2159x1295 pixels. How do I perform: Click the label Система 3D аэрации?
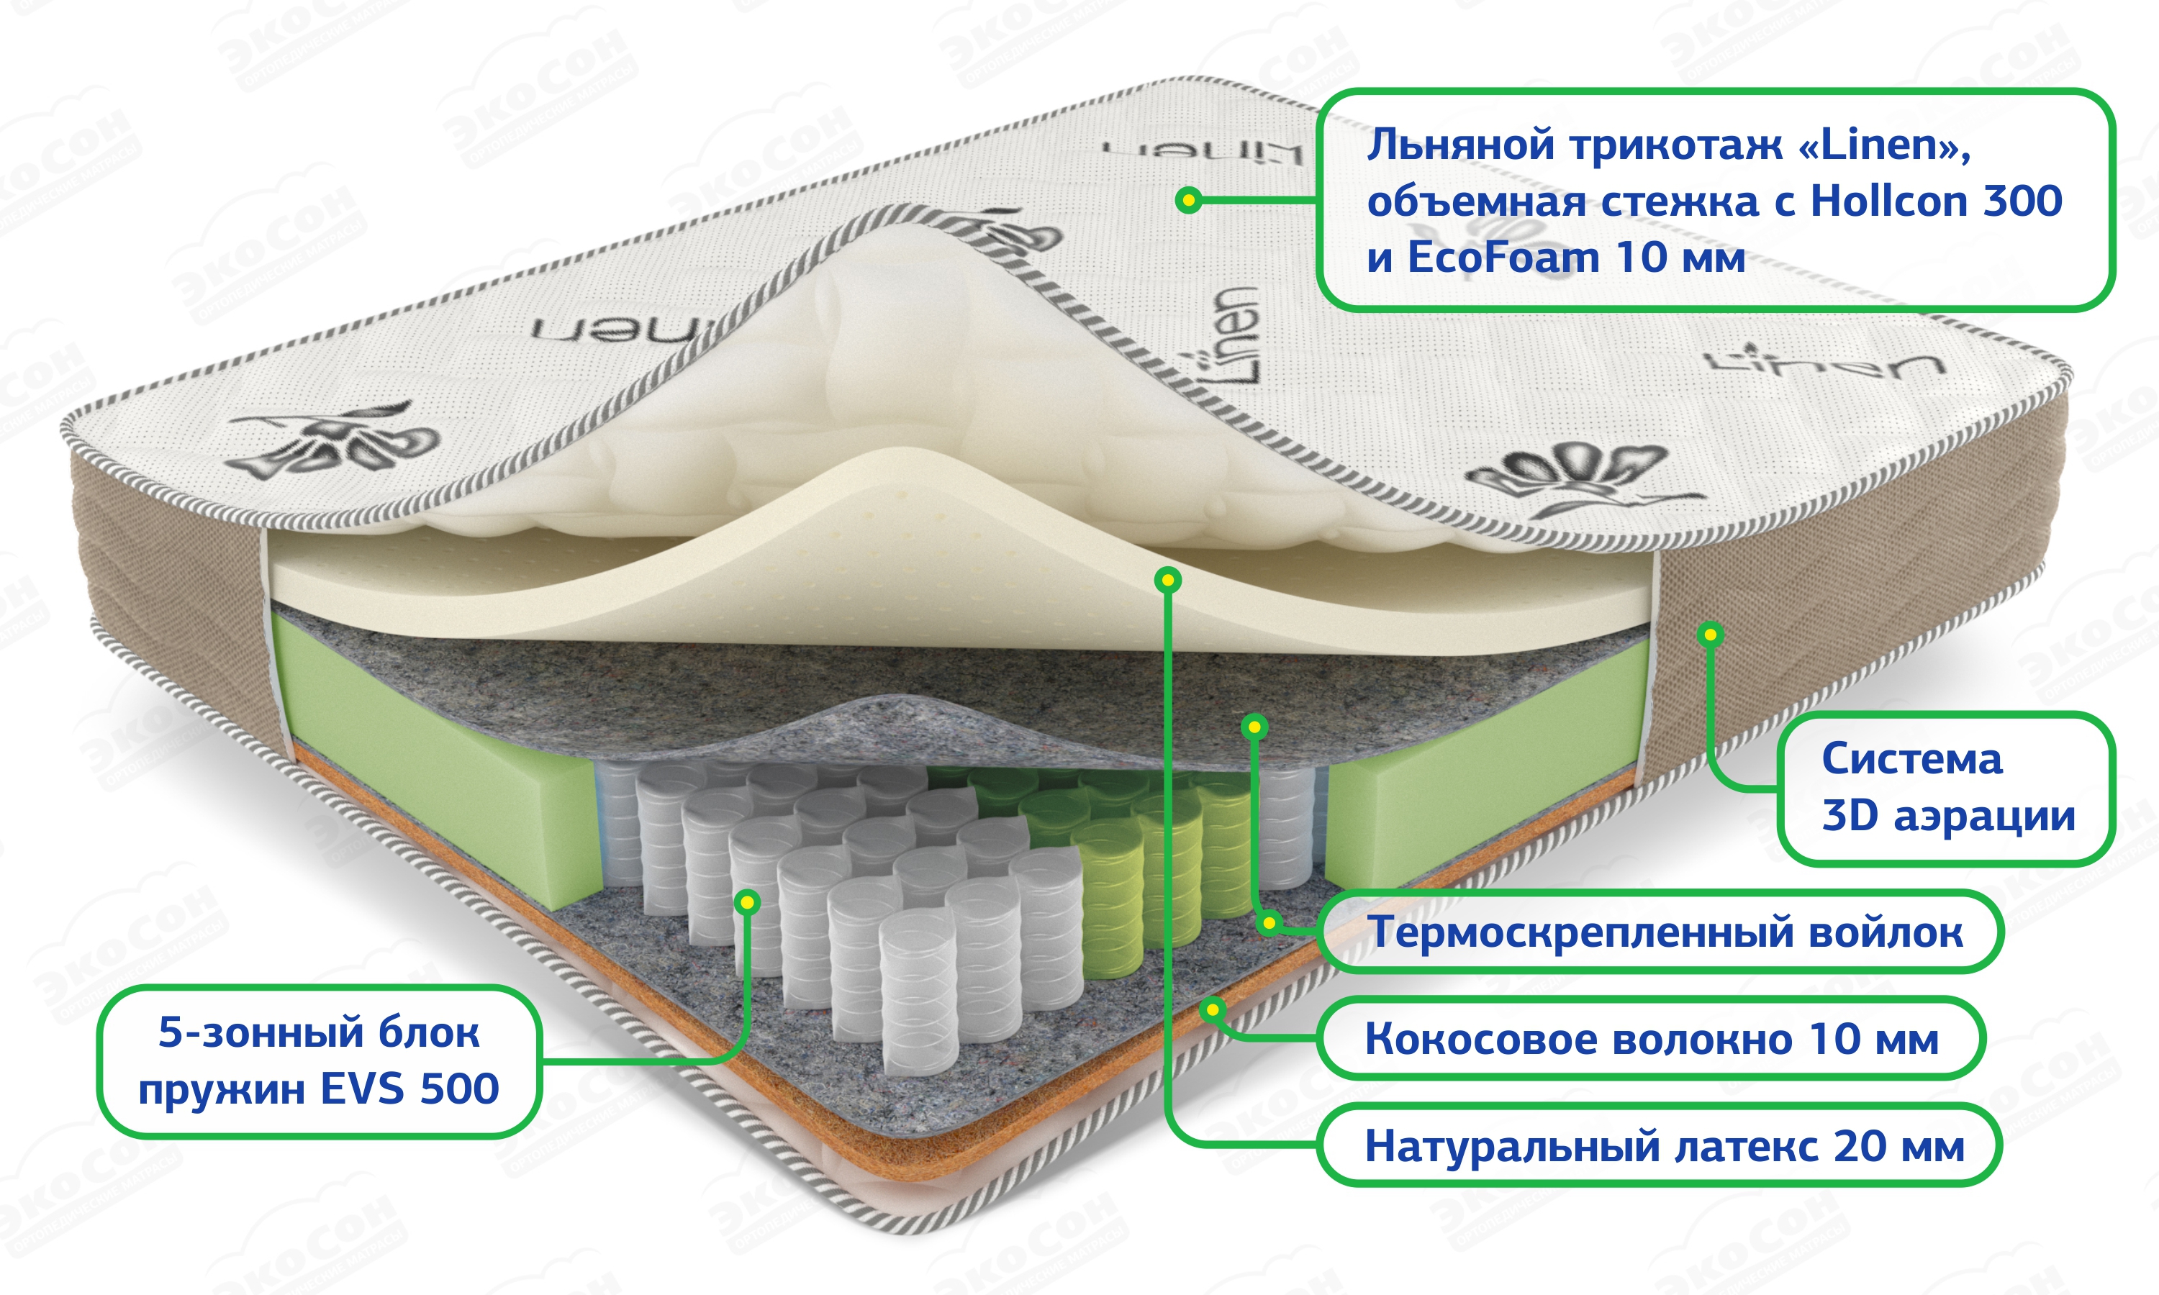click(x=1946, y=787)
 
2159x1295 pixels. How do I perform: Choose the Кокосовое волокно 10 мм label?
click(x=1651, y=1038)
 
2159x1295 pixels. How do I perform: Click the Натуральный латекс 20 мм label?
click(x=1664, y=1146)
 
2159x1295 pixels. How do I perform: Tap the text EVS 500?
click(x=409, y=1089)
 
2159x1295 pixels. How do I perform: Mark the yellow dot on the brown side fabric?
click(x=1711, y=634)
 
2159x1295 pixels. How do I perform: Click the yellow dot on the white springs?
click(x=747, y=901)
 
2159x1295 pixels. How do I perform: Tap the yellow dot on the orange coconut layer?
click(x=1212, y=1009)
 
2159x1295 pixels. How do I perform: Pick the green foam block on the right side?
click(x=1483, y=786)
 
